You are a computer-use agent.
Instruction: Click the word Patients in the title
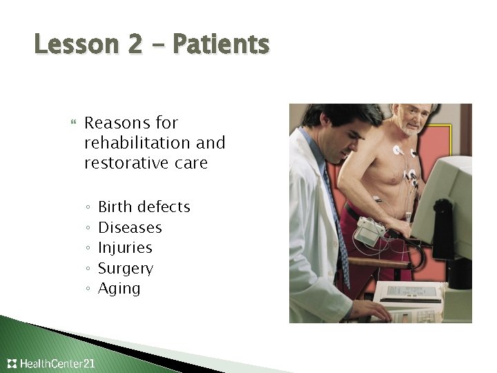pyautogui.click(x=221, y=45)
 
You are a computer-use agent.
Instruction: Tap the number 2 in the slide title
pyautogui.click(x=135, y=45)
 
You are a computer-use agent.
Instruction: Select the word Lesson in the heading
pyautogui.click(x=77, y=45)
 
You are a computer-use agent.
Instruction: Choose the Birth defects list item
pyautogui.click(x=144, y=207)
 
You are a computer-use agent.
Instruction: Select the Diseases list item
pyautogui.click(x=130, y=227)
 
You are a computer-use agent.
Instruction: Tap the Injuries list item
pyautogui.click(x=125, y=247)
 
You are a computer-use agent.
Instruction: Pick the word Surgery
pyautogui.click(x=126, y=268)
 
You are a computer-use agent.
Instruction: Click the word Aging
pyautogui.click(x=119, y=288)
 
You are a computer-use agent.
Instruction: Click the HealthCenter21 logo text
pyautogui.click(x=58, y=363)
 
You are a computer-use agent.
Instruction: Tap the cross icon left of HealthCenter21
pyautogui.click(x=12, y=363)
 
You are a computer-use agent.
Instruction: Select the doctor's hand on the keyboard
pyautogui.click(x=377, y=310)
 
